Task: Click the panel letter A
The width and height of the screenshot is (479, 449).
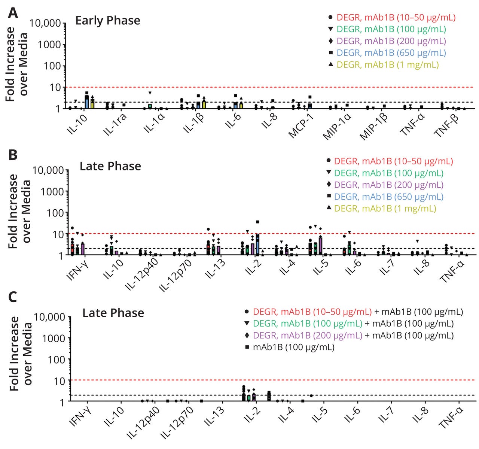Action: (x=13, y=14)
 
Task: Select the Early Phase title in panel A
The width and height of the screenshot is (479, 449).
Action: (x=108, y=20)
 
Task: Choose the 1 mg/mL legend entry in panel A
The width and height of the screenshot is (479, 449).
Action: (x=387, y=65)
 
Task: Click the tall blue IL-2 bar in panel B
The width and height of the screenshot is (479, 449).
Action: (x=257, y=245)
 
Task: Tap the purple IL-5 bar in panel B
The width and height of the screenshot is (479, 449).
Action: (x=320, y=246)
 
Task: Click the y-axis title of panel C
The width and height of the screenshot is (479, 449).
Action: (x=19, y=354)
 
